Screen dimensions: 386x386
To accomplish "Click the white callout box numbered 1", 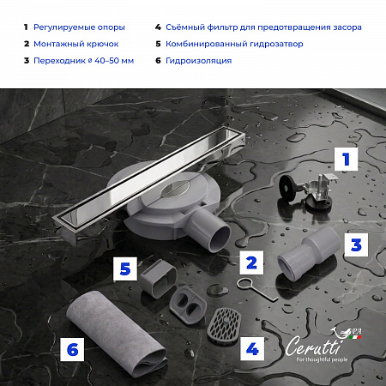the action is tap(346, 160).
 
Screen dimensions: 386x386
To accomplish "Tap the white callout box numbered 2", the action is tap(251, 262).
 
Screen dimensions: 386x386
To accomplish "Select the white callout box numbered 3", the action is tap(356, 245).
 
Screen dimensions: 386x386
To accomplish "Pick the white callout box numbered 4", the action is tap(252, 349).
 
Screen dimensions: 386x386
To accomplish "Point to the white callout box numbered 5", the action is tap(125, 268).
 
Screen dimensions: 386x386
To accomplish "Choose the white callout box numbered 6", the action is tap(72, 349).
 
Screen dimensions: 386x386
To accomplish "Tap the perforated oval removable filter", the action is tap(224, 326).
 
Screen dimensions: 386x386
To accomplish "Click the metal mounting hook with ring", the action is tap(257, 290).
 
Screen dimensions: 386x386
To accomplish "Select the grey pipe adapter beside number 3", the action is tap(309, 253).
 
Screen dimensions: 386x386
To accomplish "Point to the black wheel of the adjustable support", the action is tap(286, 189).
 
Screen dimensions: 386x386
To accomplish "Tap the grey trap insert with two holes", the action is tap(188, 305).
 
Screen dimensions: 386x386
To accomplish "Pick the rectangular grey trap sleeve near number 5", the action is tap(159, 278).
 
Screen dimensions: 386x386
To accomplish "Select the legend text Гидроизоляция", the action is tap(198, 61).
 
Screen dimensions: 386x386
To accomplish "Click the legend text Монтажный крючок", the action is tap(76, 44).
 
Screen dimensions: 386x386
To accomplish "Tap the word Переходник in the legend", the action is tap(59, 61).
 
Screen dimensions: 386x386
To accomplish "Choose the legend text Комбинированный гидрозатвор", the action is tap(234, 44).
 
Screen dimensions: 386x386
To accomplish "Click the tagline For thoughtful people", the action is tap(322, 359).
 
